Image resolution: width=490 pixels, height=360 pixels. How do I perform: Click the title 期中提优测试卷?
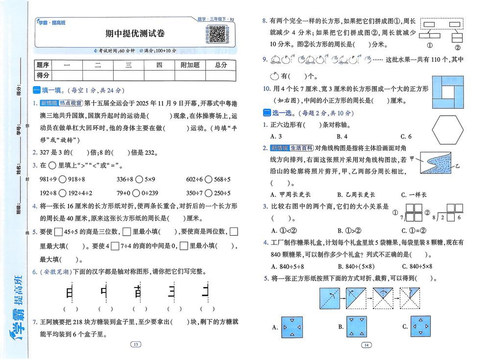(x=135, y=33)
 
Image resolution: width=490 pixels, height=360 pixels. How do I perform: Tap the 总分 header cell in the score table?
(x=221, y=65)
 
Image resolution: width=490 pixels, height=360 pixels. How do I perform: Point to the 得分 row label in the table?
(x=43, y=75)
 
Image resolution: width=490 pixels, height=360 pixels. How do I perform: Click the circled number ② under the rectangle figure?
(x=457, y=48)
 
